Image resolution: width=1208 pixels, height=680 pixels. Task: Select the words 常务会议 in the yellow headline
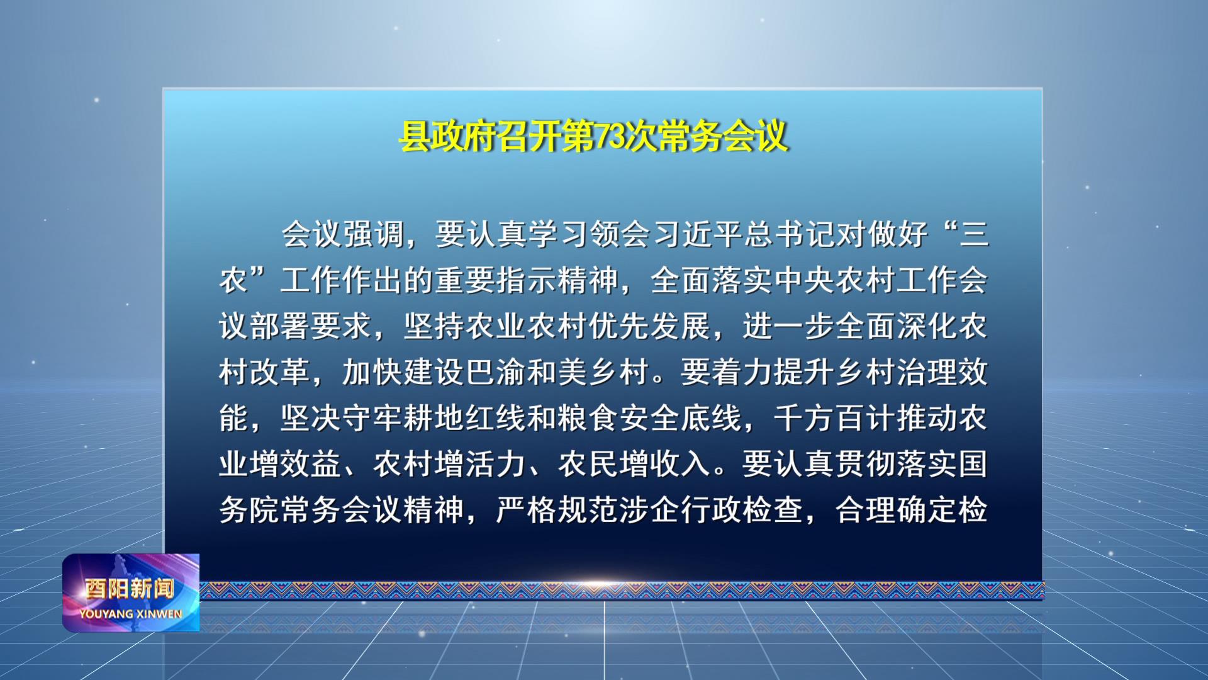coord(723,136)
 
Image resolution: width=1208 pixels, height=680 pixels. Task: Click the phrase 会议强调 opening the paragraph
coord(344,234)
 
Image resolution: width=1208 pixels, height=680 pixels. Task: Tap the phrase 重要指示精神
coord(527,280)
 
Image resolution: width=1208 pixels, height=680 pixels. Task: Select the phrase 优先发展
coord(651,326)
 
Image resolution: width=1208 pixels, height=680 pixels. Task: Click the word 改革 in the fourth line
coord(281,372)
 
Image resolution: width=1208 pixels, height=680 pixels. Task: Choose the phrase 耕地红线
coord(466,418)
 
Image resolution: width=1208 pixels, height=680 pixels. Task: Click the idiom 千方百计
coord(836,418)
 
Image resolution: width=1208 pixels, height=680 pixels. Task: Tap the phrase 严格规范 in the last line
coord(558,510)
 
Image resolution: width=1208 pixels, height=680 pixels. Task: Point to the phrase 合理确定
coord(897,510)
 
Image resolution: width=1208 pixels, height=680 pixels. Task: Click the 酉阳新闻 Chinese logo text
coord(130,589)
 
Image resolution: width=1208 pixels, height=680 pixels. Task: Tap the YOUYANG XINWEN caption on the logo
coord(131,614)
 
